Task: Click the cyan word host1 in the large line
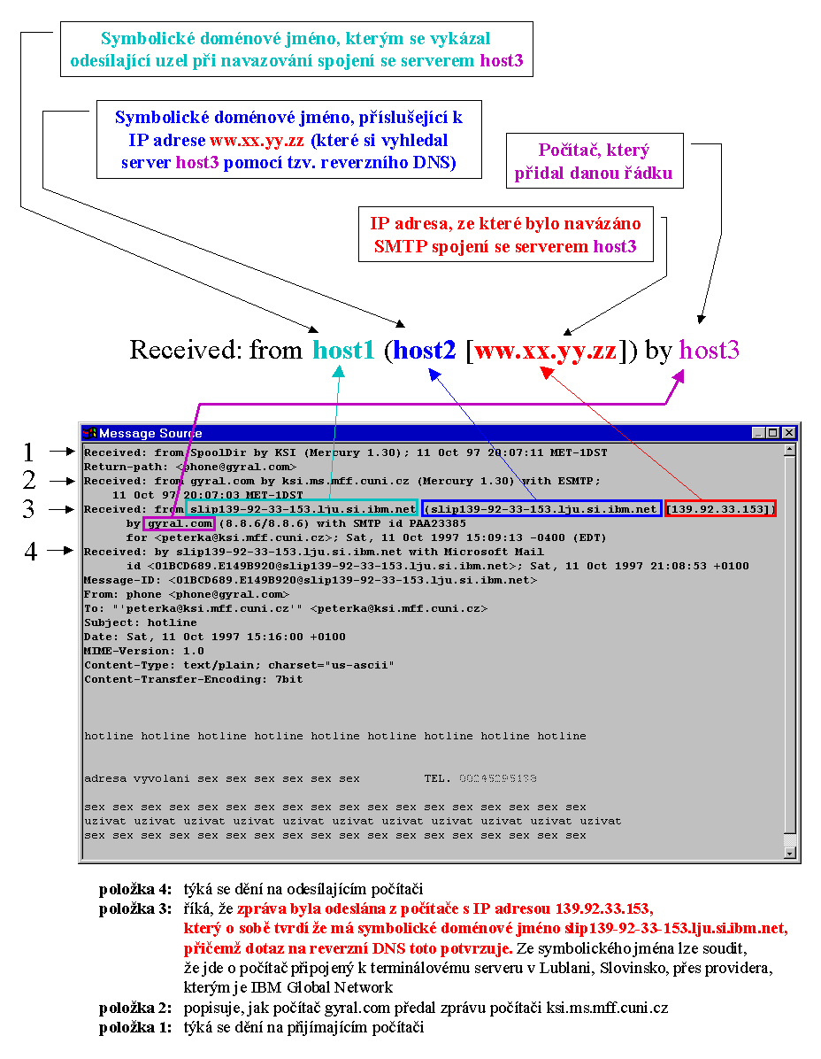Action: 343,351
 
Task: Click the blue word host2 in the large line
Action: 425,351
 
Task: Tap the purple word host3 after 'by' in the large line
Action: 710,351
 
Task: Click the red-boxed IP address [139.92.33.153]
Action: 721,509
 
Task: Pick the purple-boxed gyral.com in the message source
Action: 180,523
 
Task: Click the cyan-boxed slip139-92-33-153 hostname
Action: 303,509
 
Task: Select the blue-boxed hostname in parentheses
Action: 542,509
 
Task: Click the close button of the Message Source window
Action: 788,433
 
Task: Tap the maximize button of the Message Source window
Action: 773,433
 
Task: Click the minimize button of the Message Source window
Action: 759,433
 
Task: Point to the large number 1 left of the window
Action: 29,452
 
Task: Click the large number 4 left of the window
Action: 31,552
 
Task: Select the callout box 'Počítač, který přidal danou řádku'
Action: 594,161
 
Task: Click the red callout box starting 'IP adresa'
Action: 505,235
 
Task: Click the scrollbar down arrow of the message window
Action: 791,853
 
